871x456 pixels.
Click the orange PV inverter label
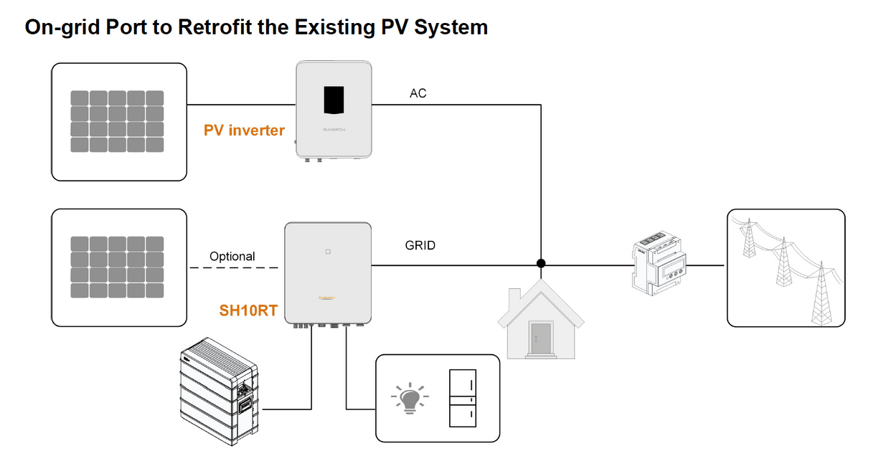pos(244,130)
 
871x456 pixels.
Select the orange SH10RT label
pos(248,311)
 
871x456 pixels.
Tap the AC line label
pos(418,93)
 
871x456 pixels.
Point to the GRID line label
pos(420,245)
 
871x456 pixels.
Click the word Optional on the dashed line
pos(232,256)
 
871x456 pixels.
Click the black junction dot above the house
pos(541,263)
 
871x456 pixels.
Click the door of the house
pos(540,336)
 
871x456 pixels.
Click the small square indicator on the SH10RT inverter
pos(327,252)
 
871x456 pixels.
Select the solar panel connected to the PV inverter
pos(118,121)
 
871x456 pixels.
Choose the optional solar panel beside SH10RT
pos(118,267)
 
